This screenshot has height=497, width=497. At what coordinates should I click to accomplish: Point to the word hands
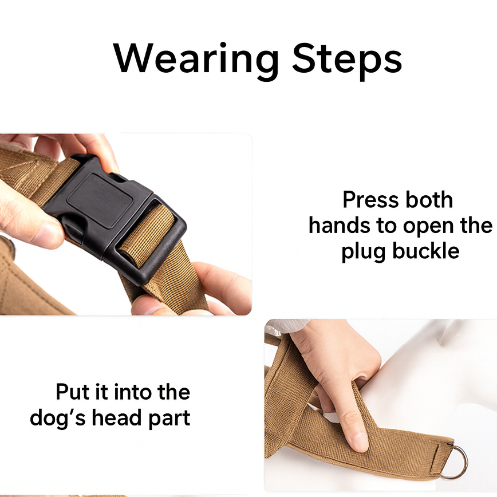[x=340, y=226]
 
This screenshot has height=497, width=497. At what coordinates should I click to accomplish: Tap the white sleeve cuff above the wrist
[x=285, y=326]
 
